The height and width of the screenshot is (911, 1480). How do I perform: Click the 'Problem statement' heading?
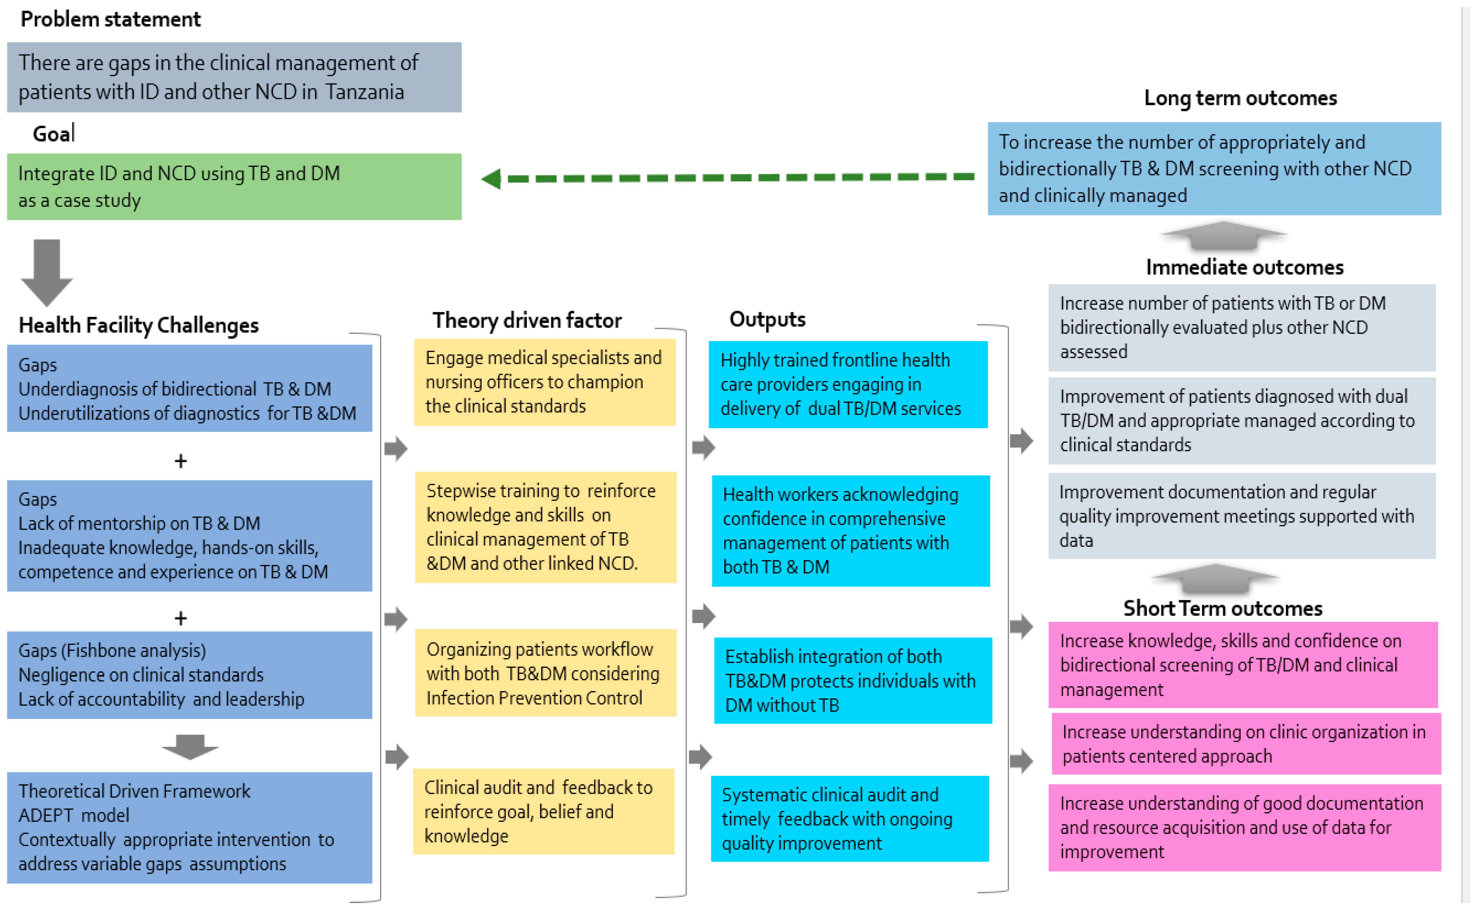[110, 19]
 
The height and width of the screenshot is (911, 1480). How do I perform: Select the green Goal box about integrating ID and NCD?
[234, 187]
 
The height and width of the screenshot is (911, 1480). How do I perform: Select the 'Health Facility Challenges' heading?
[138, 325]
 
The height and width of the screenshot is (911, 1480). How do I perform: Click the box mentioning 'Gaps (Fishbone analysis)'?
[189, 675]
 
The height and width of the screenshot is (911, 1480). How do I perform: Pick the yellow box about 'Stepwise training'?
[545, 527]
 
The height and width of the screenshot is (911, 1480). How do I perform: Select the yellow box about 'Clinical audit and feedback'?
[543, 812]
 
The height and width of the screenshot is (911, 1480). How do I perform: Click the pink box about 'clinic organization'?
[1245, 744]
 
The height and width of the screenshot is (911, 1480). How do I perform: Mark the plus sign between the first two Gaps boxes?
[181, 461]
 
